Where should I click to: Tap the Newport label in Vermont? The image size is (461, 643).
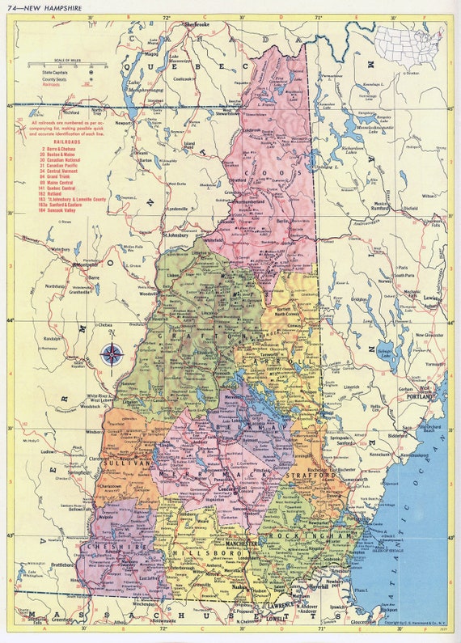point(123,124)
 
